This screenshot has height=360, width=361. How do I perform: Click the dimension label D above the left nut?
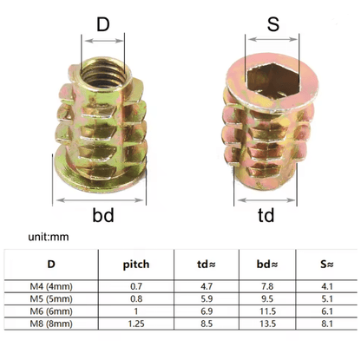103,24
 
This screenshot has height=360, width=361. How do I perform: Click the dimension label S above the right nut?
273,24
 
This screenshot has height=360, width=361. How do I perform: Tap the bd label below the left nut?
103,215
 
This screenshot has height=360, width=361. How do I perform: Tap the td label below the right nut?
266,215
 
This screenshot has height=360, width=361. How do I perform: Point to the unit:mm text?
49,237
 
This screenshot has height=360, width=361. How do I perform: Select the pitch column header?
136,265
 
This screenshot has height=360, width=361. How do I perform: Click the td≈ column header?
207,265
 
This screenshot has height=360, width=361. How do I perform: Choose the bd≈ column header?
267,265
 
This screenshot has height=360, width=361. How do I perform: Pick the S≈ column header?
327,265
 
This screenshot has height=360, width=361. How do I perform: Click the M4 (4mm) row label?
51,286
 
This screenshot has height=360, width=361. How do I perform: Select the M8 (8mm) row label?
51,324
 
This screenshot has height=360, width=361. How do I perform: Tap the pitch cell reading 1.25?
136,324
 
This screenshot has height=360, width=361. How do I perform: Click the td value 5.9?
207,298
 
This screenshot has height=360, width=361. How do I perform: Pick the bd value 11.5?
267,311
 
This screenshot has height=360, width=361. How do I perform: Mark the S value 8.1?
327,324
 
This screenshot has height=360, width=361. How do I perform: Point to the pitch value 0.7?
136,286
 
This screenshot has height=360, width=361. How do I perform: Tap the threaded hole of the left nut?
103,75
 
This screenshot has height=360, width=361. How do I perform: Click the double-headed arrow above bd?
100,200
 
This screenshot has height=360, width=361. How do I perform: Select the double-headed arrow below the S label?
272,39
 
